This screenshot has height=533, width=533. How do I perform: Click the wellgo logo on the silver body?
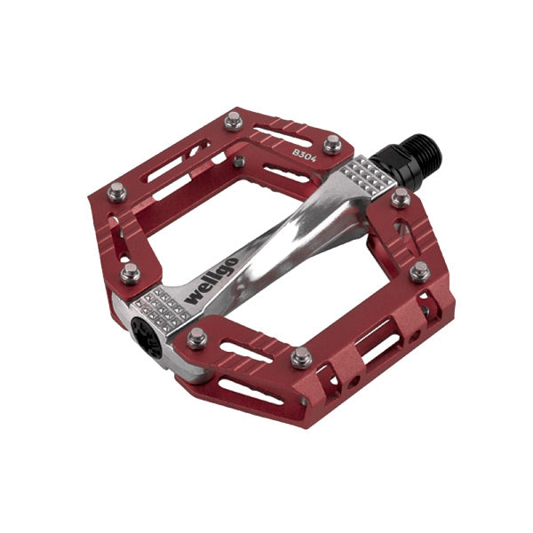click(211, 281)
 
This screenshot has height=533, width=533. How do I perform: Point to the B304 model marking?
click(305, 155)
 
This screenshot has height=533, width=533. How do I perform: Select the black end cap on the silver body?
click(147, 338)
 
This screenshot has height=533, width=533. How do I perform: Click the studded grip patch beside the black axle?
click(368, 177)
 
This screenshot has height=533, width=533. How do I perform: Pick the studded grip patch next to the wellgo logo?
click(162, 310)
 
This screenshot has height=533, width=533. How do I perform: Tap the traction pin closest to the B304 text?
click(332, 144)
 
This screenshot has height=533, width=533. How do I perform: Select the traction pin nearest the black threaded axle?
click(401, 198)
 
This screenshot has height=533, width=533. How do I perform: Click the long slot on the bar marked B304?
click(282, 137)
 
